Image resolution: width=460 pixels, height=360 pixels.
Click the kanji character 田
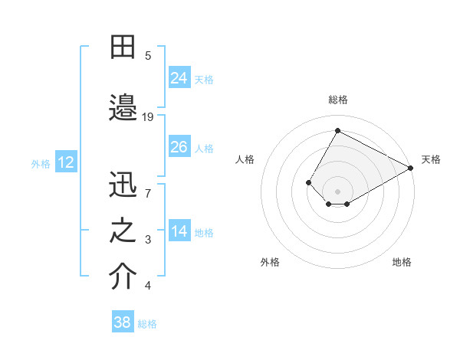123,47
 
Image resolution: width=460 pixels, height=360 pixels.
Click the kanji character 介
123,277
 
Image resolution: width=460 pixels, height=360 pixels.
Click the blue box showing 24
179,77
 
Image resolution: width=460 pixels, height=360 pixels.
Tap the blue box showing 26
179,147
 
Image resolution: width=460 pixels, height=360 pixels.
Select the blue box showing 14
179,231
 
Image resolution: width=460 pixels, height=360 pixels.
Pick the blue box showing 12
66,162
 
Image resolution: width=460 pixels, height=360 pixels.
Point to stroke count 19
149,116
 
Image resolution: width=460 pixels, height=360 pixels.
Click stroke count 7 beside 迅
149,193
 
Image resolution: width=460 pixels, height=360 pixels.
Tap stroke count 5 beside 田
149,55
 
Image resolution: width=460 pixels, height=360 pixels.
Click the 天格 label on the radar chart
431,159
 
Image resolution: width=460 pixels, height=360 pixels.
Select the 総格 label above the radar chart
337,100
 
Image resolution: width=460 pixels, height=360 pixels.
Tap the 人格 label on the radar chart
245,159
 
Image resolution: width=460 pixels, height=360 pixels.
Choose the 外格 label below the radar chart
270,262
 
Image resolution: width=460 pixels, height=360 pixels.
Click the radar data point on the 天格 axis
411,168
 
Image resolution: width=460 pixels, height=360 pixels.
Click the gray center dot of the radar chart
337,191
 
